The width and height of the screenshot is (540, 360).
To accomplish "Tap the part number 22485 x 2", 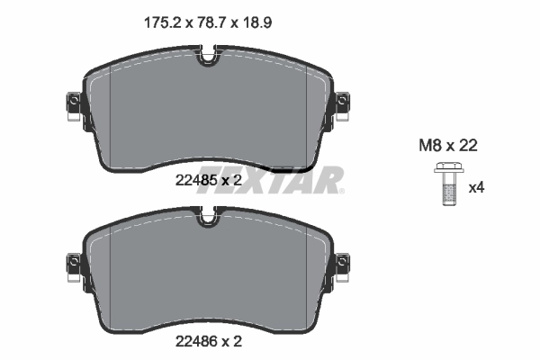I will click(x=207, y=179).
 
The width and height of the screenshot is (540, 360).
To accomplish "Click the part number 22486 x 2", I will click(x=207, y=341).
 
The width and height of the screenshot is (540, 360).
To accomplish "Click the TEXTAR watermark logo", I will click(x=270, y=179).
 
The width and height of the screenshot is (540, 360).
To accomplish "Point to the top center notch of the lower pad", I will click(x=208, y=216).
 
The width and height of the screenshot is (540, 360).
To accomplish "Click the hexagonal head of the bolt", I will click(x=445, y=167).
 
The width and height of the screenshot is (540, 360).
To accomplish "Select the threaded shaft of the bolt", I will click(x=445, y=192).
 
